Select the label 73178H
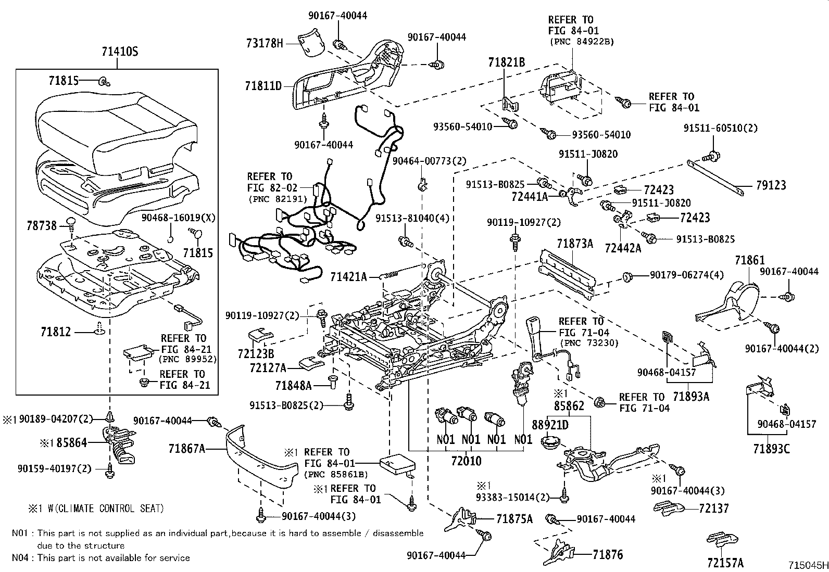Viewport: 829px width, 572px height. [x=265, y=44]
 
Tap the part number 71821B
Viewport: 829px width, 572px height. [x=506, y=63]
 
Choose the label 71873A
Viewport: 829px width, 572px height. [x=574, y=243]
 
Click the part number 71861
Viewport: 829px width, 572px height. [x=749, y=260]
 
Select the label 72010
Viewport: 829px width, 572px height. [x=466, y=461]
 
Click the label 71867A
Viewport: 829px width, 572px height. [x=187, y=448]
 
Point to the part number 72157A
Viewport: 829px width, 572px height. [x=725, y=563]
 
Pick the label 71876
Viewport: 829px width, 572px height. [x=607, y=555]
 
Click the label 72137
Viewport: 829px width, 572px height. [x=714, y=509]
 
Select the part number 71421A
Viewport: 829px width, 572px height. [x=348, y=277]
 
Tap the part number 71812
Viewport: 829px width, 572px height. [x=55, y=332]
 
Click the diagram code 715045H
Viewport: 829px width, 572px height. [x=807, y=565]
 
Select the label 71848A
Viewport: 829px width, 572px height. [x=293, y=386]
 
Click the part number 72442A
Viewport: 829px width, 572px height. [x=623, y=248]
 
